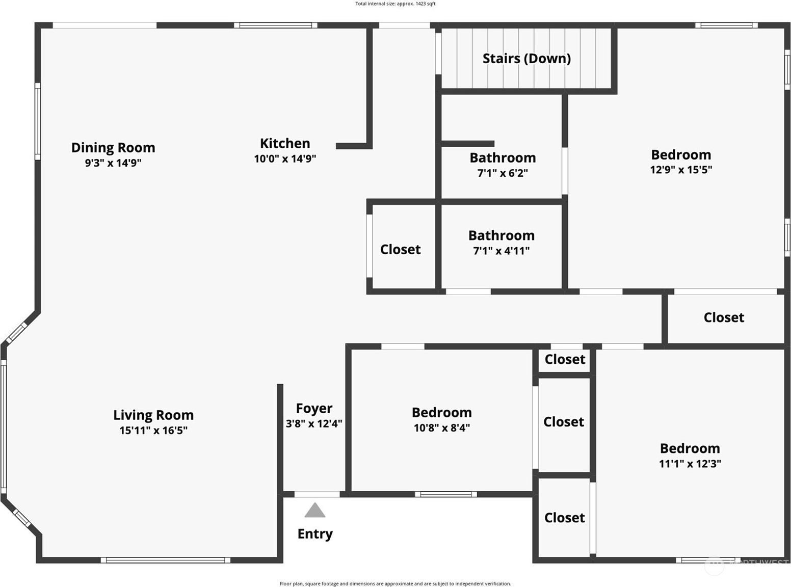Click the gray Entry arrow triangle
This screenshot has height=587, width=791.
pos(314,511)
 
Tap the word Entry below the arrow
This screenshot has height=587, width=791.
pos(315,534)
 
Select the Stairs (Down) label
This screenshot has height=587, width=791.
pos(527,59)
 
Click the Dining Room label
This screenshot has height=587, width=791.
pos(113,148)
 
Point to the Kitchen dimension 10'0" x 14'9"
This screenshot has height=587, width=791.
pos(285,158)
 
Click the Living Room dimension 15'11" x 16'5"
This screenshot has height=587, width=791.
pos(153,431)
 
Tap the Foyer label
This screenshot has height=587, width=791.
pos(314,408)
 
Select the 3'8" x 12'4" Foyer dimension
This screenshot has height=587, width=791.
pos(314,423)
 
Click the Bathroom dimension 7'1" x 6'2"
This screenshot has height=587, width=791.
pos(503,173)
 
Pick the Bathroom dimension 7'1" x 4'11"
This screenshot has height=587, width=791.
pos(502,251)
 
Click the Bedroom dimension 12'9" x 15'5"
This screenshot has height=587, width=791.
pos(681,169)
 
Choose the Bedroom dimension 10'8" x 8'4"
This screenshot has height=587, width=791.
pos(441,428)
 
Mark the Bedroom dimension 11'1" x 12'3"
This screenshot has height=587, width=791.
pos(690,464)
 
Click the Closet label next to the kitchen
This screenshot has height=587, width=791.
pos(400,250)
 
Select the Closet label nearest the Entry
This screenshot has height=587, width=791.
pos(565,518)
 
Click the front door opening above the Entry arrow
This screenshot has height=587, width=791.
pos(317,494)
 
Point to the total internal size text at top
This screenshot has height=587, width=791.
pos(395,4)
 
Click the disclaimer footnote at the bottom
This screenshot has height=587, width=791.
pos(395,583)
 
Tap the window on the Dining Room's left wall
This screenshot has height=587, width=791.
pos(37,122)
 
